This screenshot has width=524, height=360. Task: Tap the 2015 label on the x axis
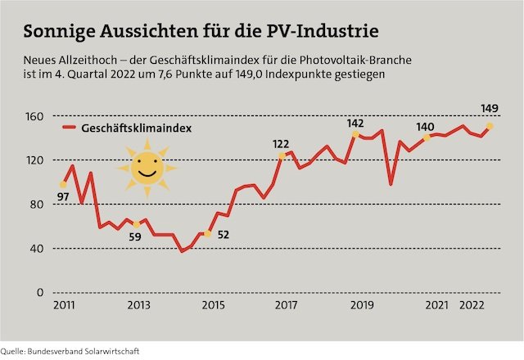(211, 306)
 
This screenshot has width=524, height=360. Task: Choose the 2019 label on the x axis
(362, 306)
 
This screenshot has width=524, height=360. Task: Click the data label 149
(490, 108)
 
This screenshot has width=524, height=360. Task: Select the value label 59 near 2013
(136, 238)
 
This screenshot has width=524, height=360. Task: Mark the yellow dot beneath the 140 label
(427, 137)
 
